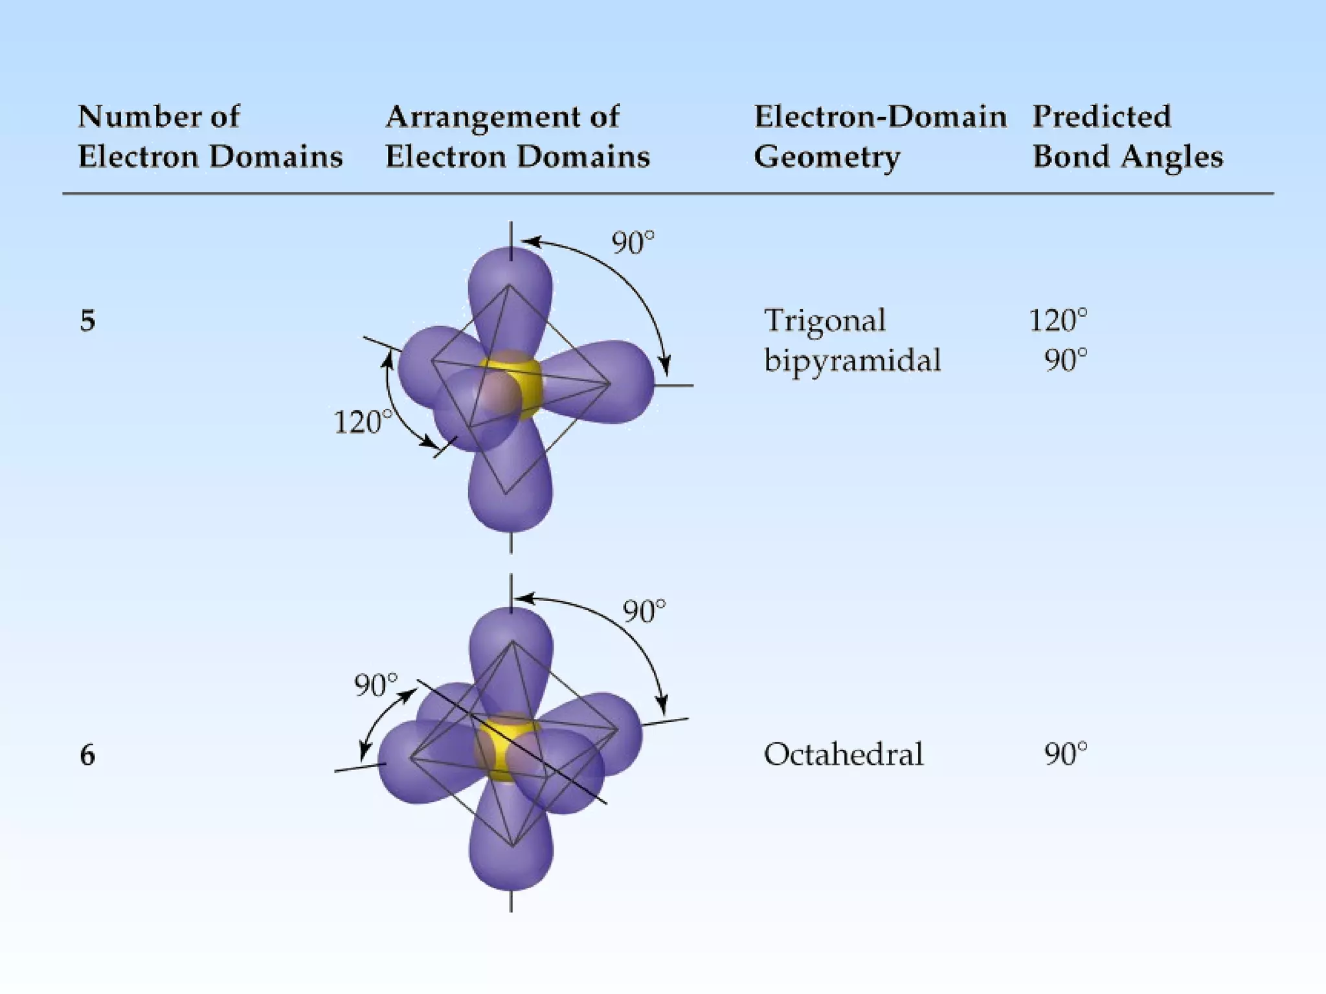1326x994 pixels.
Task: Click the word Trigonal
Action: point(824,320)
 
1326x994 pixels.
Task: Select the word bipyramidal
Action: point(852,360)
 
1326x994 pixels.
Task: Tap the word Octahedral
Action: point(843,755)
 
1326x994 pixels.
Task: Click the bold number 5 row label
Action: point(87,321)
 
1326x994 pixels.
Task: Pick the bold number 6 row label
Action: point(87,755)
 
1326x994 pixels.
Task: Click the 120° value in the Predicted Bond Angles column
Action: point(1058,320)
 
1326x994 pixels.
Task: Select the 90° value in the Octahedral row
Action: point(1065,755)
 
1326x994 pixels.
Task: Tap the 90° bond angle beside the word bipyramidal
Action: point(1065,360)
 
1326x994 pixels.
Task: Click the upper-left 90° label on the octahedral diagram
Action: point(376,685)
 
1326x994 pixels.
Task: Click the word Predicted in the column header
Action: point(1101,117)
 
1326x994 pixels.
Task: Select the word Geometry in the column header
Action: point(827,157)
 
